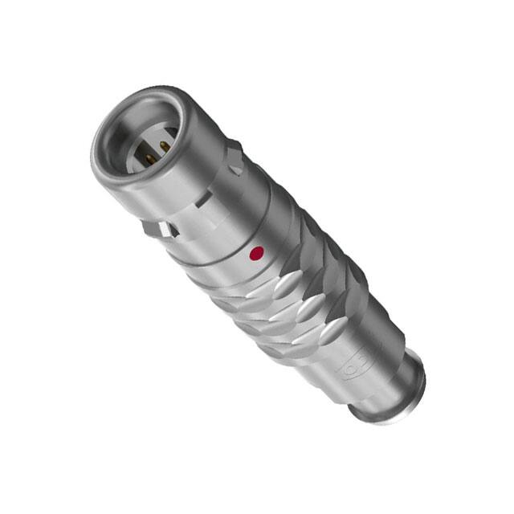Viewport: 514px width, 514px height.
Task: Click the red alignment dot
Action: pos(257,255)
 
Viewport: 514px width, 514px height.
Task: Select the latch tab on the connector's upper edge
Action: pos(234,157)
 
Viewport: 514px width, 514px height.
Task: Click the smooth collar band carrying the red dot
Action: pos(241,241)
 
